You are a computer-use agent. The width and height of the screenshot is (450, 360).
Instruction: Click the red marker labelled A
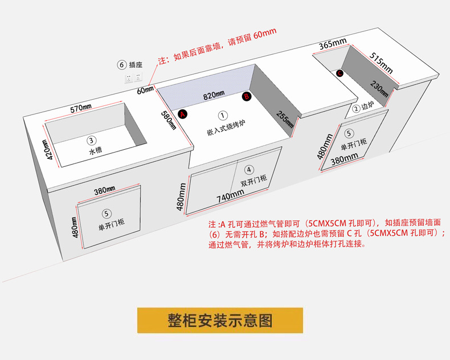(183, 114)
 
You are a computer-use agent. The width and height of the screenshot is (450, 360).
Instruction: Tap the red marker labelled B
(247, 97)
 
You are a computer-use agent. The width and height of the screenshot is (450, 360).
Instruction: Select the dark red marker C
(339, 73)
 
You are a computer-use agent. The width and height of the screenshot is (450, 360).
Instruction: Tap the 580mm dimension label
(167, 119)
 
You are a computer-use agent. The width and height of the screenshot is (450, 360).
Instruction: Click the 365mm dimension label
(333, 44)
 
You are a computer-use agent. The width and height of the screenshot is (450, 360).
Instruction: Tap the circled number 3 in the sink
(91, 140)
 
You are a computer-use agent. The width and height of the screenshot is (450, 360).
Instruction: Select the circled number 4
(249, 169)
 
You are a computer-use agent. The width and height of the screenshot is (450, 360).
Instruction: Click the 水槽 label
(95, 152)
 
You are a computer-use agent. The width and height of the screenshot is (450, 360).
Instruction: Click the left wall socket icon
(129, 77)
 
